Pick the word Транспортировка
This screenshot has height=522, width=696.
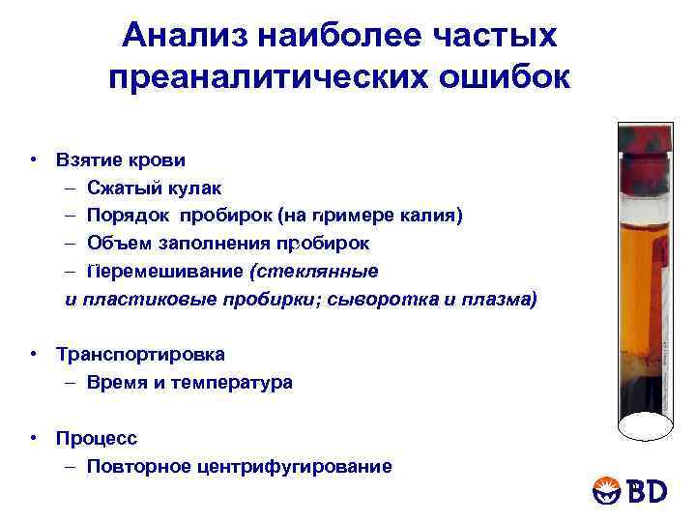(x=140, y=354)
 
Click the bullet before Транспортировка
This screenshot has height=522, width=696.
(x=33, y=354)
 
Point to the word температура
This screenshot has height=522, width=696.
(x=237, y=382)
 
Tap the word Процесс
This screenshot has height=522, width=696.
(x=96, y=438)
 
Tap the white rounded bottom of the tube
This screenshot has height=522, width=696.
(x=644, y=425)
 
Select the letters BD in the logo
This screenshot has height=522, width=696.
(x=648, y=491)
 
